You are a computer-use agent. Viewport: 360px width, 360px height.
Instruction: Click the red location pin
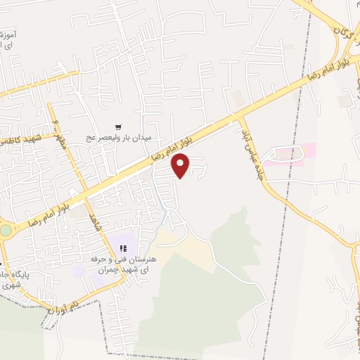pos(181,166)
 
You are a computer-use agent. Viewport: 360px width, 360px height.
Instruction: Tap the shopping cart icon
pos(118,127)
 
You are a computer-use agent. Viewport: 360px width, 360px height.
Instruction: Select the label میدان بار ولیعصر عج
pos(119,138)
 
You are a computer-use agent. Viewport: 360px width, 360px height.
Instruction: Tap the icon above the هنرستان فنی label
pos(124,248)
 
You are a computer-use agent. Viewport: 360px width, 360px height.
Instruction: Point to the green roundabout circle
pos(6,230)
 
